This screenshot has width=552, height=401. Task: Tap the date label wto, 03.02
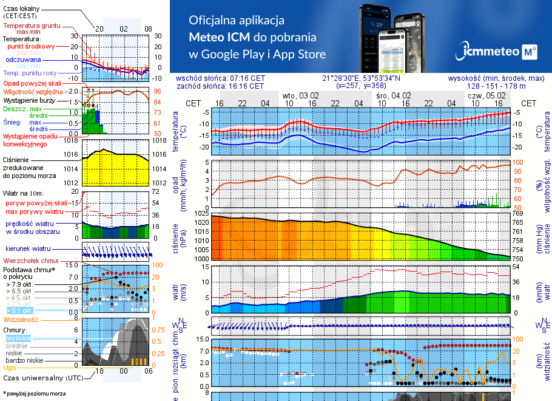300,95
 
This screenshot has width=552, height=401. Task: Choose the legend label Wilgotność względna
32,91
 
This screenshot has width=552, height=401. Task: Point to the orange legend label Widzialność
21,319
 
